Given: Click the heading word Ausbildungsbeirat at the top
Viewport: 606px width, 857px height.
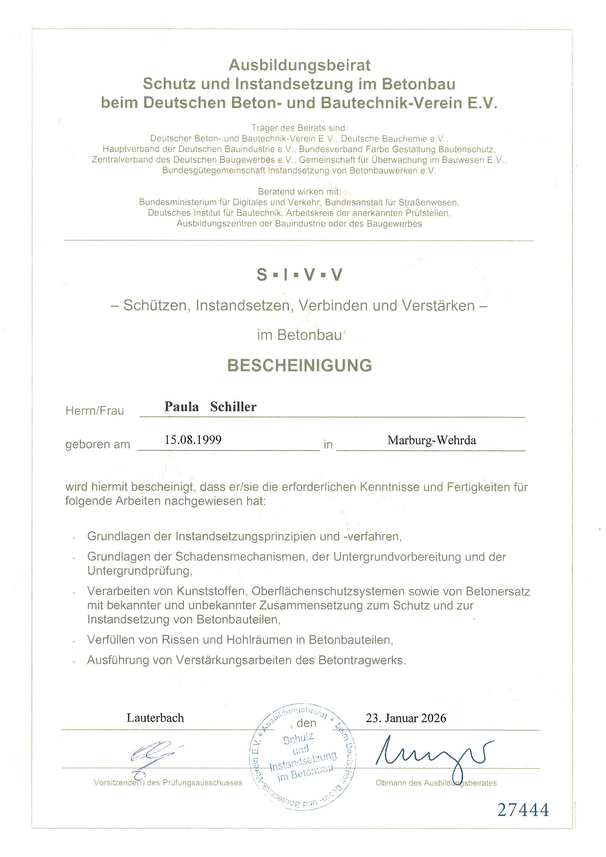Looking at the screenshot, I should point(299,65).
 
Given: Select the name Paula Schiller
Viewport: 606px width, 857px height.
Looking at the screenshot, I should point(210,407).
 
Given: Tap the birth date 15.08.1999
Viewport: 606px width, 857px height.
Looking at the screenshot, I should point(193,440).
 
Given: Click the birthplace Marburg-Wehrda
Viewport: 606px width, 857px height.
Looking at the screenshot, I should point(432,441).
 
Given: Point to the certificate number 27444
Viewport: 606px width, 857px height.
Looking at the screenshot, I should point(523,810).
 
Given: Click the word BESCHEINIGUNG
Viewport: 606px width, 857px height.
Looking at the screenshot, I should point(300,365).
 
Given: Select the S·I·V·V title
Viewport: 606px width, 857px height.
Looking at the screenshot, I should point(299,275).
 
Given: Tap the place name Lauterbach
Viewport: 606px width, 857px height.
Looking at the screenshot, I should point(155,718).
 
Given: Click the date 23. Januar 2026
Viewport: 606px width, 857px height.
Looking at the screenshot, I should point(406,718).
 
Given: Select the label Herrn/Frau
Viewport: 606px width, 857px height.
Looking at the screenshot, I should point(95,411).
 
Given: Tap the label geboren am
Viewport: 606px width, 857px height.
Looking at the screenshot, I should point(98,445).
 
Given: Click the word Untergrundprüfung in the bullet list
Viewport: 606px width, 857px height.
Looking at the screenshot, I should point(140,571).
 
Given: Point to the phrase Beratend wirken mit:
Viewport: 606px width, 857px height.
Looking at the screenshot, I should point(299,192).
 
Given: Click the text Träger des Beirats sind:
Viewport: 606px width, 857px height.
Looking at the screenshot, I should point(299,128).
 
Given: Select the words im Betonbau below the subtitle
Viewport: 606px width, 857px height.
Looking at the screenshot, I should point(299,335).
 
